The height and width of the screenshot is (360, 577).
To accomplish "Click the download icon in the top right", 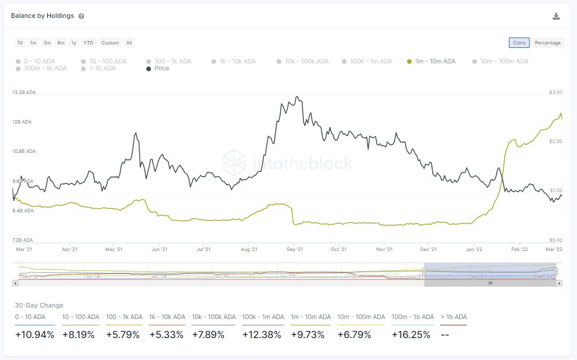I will tap(556, 16).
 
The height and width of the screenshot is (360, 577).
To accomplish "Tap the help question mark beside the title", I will tap(81, 16).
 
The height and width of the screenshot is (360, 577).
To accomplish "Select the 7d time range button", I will tap(20, 43).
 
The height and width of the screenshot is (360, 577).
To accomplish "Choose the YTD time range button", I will tap(88, 43).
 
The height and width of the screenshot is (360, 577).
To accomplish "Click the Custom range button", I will tap(110, 43).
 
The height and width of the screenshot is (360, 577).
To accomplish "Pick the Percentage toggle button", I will tap(548, 43).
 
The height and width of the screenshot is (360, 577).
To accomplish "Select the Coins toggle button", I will tap(519, 43).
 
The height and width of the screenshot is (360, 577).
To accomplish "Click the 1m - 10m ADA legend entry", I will tap(431, 61).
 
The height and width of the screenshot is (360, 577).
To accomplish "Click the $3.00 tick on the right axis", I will tap(556, 92).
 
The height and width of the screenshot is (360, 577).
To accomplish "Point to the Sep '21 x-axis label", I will tap(294, 249).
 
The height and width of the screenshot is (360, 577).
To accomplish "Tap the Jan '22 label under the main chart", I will tap(474, 249).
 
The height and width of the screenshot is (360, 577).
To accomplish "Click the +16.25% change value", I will tap(411, 335).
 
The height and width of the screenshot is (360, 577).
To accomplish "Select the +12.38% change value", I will tap(262, 335).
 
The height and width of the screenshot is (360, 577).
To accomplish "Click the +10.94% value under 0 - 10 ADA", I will tap(35, 335).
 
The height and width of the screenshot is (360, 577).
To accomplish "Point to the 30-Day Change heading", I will tap(39, 305).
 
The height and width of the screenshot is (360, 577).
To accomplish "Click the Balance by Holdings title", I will tap(42, 16).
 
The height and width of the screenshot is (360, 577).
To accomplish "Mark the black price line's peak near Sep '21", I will tap(297, 97).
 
